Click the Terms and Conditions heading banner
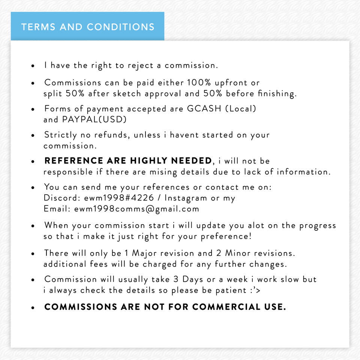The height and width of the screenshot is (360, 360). [x=88, y=27]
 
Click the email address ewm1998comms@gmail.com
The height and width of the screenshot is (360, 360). [x=136, y=209]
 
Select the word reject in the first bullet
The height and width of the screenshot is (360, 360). [x=140, y=65]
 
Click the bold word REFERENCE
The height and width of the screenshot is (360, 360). [x=74, y=161]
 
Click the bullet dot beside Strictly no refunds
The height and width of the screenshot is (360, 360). [x=33, y=135]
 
